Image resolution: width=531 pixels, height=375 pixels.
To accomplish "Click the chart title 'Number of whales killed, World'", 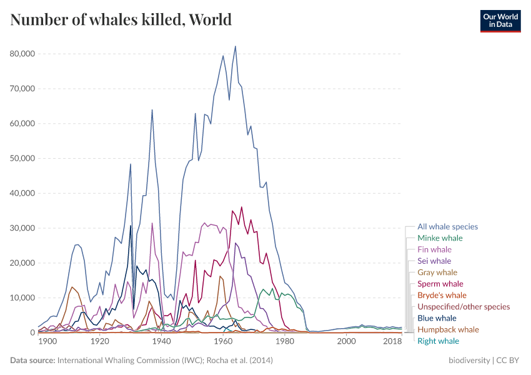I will [x=121, y=19].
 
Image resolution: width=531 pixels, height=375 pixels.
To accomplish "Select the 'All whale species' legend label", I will [x=447, y=227].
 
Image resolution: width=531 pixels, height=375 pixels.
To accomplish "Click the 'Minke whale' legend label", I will [x=440, y=238].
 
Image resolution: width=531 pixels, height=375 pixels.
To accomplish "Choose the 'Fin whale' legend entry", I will [x=434, y=249].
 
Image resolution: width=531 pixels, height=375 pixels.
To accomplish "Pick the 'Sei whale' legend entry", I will [x=434, y=261].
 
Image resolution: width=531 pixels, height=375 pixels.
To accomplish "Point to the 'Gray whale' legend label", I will [x=437, y=272].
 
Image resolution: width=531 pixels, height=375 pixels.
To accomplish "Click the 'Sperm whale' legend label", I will [x=440, y=284].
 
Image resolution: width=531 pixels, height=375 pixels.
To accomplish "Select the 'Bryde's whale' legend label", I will [x=442, y=295].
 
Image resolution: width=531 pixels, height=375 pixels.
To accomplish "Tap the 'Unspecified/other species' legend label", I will [x=464, y=307].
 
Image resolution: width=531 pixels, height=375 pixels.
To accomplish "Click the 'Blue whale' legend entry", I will [x=437, y=318].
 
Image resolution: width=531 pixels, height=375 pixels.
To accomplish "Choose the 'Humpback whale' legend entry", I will [x=448, y=329].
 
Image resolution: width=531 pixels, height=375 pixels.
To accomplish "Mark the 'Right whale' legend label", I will [x=438, y=341].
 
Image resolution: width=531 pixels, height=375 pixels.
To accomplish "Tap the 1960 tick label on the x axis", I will [x=223, y=341].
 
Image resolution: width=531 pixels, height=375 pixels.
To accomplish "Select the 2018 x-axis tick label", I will [x=392, y=341].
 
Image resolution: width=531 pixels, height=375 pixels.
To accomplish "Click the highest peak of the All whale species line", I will [x=236, y=46].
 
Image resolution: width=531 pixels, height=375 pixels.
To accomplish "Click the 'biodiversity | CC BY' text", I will [x=484, y=361].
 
